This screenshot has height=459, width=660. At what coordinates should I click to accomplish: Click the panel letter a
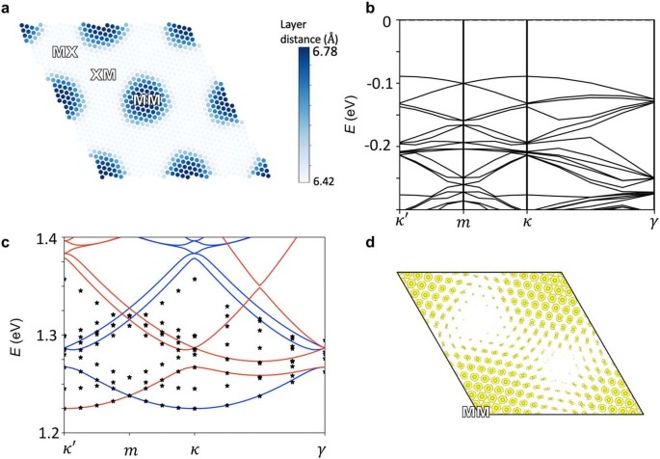6,8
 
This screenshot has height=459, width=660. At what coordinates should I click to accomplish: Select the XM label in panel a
104,74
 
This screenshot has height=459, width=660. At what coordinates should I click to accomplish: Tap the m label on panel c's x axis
129,450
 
